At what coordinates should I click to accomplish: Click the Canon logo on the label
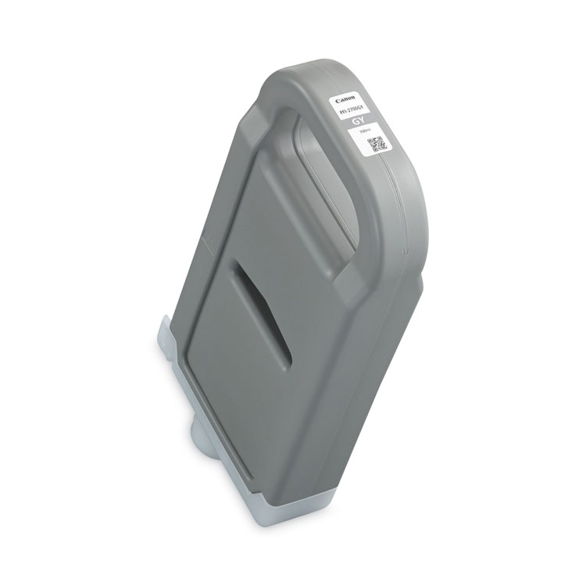coord(344,101)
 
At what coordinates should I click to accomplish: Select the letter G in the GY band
coord(356,123)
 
